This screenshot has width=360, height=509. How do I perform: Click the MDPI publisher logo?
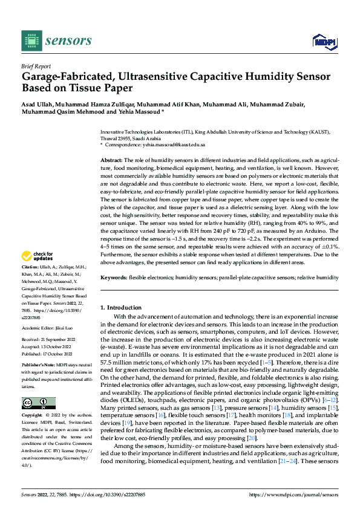click(323, 41)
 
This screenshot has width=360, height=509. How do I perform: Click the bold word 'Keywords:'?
click(113, 277)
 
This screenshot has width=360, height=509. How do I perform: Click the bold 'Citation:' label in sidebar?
click(30, 284)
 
